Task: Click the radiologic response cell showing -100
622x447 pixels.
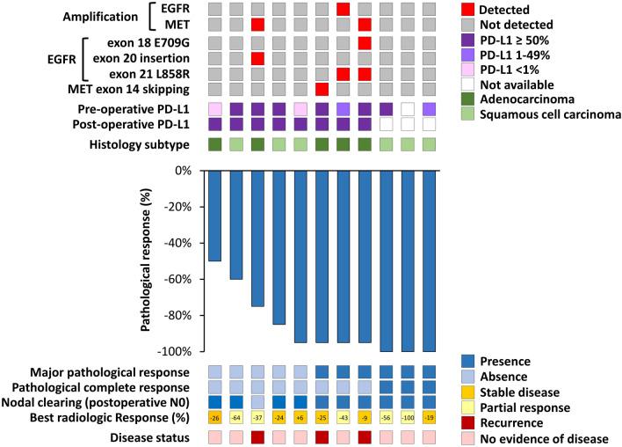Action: coord(407,416)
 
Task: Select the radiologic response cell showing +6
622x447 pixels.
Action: coord(300,416)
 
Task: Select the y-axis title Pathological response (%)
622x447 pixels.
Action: coord(147,261)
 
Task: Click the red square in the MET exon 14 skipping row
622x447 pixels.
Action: coord(322,89)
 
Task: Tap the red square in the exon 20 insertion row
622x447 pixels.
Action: coord(257,58)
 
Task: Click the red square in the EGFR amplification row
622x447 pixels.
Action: coord(343,9)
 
